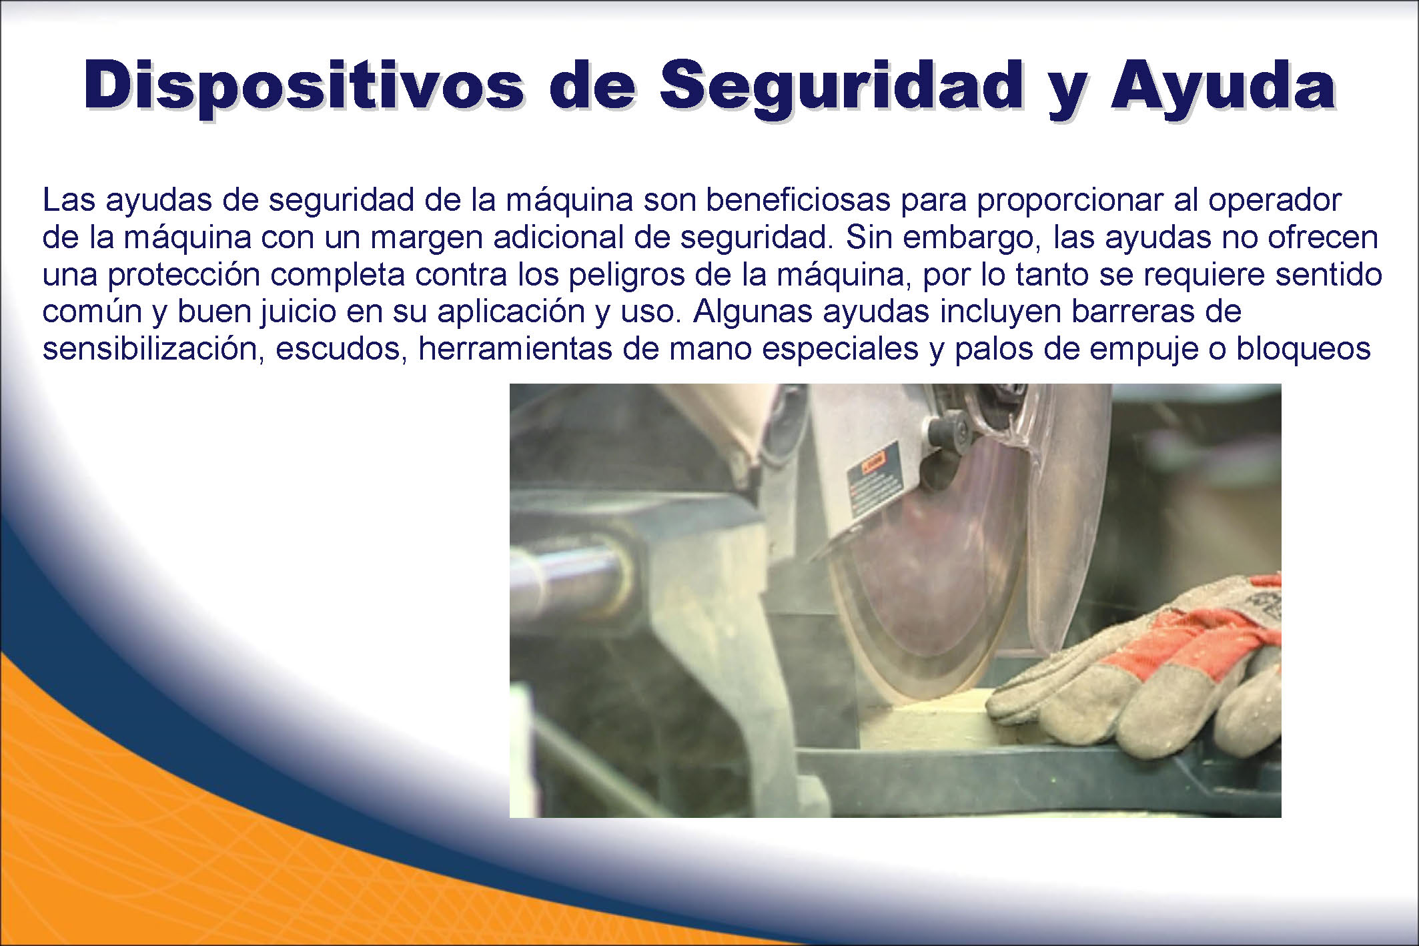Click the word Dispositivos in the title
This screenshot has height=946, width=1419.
pos(304,85)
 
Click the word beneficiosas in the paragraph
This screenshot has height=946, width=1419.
pos(798,200)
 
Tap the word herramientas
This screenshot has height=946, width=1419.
pos(515,349)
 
